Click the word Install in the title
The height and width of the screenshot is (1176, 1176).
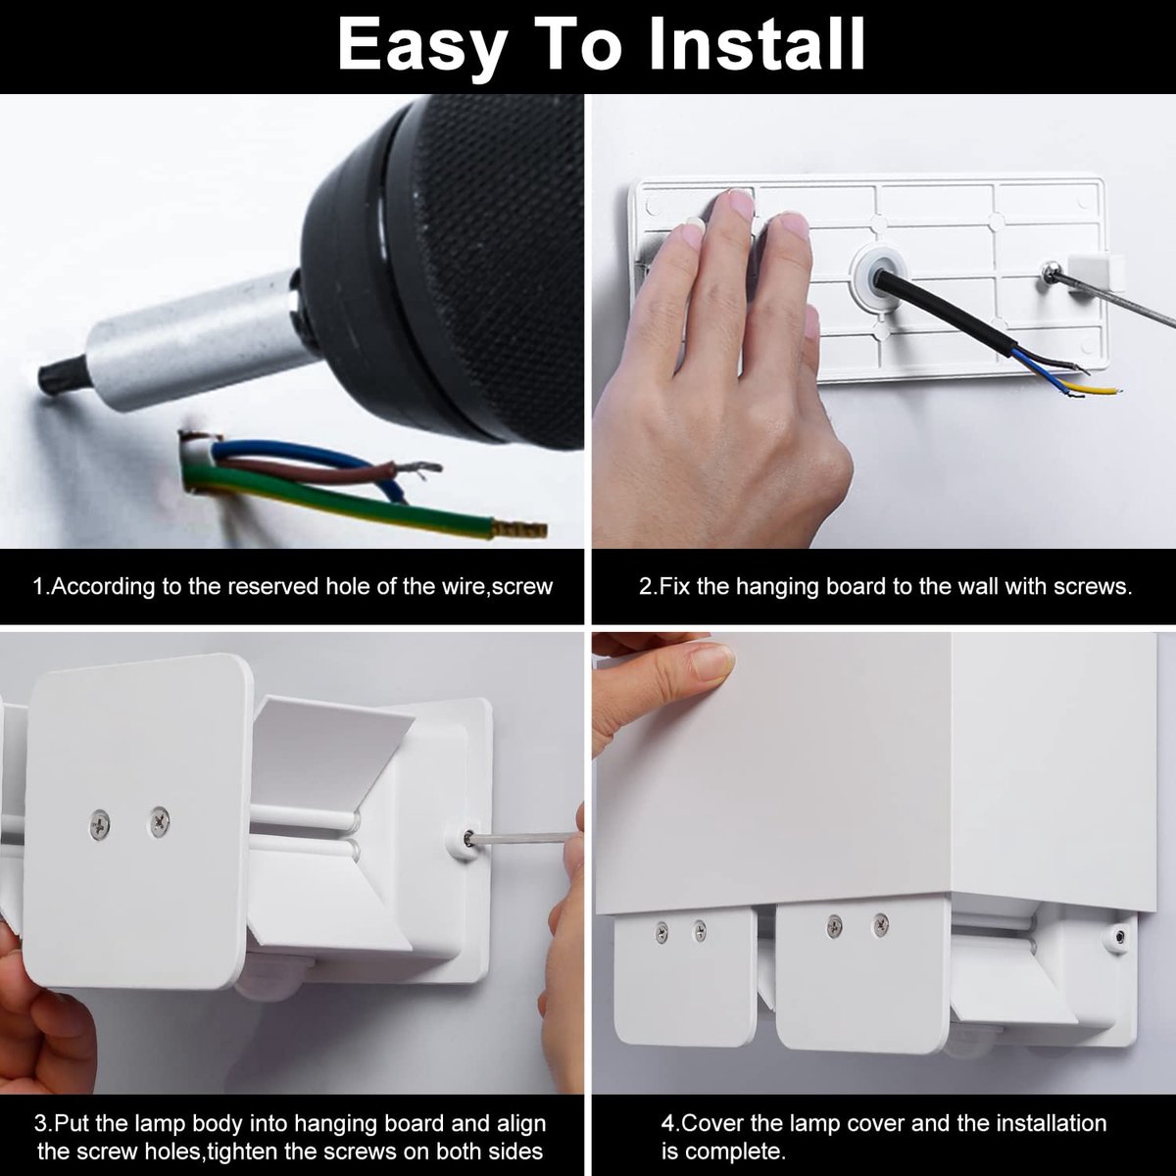click(x=757, y=45)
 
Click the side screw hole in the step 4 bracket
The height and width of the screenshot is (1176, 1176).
click(x=1119, y=936)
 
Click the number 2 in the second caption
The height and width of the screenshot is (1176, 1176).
click(x=645, y=586)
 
